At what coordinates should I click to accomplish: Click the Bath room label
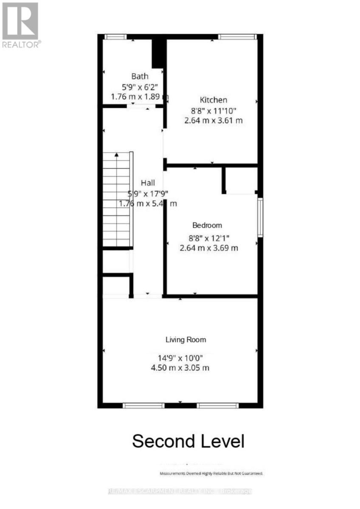tap(140, 76)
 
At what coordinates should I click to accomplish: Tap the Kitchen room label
tap(214, 100)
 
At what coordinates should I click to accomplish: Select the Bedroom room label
tap(207, 225)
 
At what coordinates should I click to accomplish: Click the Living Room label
tap(186, 339)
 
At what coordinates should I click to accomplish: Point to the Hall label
tap(148, 183)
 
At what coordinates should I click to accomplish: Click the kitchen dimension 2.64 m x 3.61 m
tap(214, 120)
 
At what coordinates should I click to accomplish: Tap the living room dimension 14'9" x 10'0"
tap(180, 357)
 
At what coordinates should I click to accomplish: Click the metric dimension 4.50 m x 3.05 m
tap(180, 368)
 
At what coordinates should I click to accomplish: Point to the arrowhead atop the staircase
tap(117, 155)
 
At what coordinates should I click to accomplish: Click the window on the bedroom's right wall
tap(260, 217)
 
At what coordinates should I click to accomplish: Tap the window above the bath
tap(115, 37)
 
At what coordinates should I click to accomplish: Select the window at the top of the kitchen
tap(238, 37)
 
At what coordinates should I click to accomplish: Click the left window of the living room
tap(143, 406)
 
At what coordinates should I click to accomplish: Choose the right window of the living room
tap(218, 406)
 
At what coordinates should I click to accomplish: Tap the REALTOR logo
tap(20, 25)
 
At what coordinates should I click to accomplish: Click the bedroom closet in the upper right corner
tap(240, 180)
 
